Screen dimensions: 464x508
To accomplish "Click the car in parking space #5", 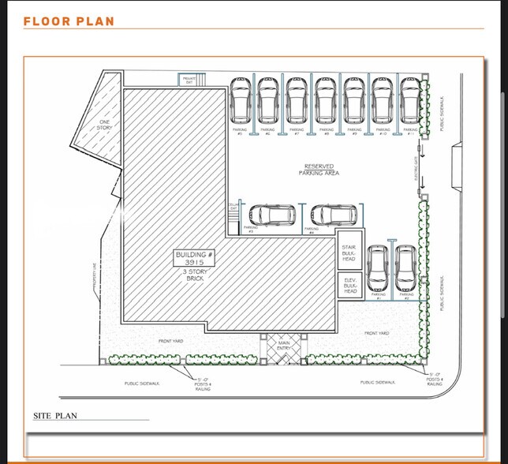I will tap(241, 101).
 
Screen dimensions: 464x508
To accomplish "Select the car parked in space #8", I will tap(325, 101).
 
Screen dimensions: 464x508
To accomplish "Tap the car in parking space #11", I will tap(409, 101).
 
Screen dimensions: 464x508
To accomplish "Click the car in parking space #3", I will tap(271, 215).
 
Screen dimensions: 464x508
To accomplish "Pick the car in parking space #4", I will tap(333, 215).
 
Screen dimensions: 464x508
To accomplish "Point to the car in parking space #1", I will tap(378, 268).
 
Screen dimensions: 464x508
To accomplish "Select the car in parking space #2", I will tap(405, 268).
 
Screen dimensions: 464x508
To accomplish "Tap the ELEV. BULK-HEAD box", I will tap(349, 286).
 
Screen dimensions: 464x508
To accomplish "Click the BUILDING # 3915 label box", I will tap(194, 258).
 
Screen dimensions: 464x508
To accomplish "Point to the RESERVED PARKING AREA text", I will tap(319, 170).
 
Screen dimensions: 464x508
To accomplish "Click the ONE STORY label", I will tap(105, 125).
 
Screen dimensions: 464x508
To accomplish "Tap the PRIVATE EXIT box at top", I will tap(189, 80).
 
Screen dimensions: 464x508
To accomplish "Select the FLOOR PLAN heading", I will tap(69, 21).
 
